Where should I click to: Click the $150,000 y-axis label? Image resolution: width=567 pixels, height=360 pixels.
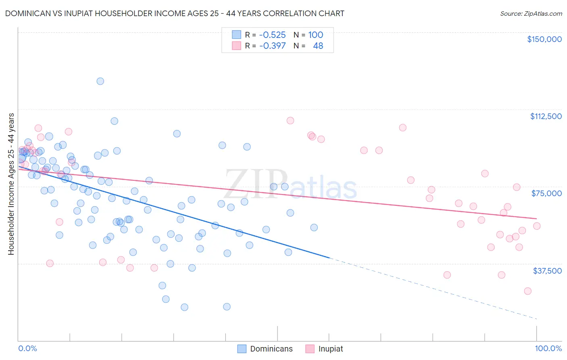[544, 39]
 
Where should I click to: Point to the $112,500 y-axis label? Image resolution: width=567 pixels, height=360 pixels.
[546, 116]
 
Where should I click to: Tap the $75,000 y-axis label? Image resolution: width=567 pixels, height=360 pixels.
[546, 193]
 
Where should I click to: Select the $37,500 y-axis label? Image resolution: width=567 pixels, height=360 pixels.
[547, 271]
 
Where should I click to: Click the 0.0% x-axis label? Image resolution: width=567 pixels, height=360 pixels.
[27, 348]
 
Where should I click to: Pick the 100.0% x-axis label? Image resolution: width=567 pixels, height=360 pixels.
[548, 348]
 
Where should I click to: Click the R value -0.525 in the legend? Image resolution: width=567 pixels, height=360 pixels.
[272, 35]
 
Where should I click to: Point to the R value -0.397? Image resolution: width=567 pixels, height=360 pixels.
[272, 46]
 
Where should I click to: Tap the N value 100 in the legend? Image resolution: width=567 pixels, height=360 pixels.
[316, 35]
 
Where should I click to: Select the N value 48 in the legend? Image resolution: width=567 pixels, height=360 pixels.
[318, 46]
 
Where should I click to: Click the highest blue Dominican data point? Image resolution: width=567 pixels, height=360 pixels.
[100, 81]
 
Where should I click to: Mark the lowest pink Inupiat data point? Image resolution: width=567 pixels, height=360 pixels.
[527, 291]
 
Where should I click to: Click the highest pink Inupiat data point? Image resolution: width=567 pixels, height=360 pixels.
[290, 121]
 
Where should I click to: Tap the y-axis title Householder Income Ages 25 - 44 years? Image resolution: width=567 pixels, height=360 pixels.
[11, 184]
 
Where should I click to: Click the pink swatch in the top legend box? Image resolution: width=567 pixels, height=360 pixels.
[236, 46]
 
